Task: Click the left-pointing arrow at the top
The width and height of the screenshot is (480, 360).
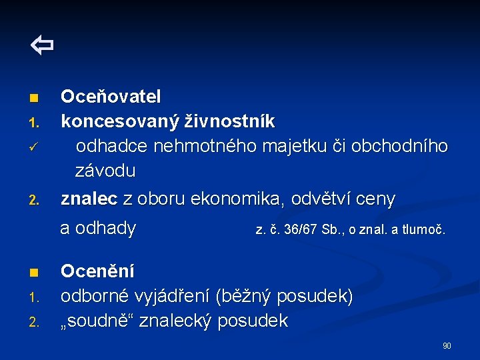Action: click(x=42, y=46)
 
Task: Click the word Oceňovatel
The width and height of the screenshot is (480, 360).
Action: click(x=111, y=97)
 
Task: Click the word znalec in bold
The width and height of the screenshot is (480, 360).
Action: click(x=89, y=199)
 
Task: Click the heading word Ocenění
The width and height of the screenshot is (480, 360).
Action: click(x=97, y=271)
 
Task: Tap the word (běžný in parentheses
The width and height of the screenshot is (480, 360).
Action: click(x=246, y=296)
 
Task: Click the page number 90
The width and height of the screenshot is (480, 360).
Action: click(x=447, y=345)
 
